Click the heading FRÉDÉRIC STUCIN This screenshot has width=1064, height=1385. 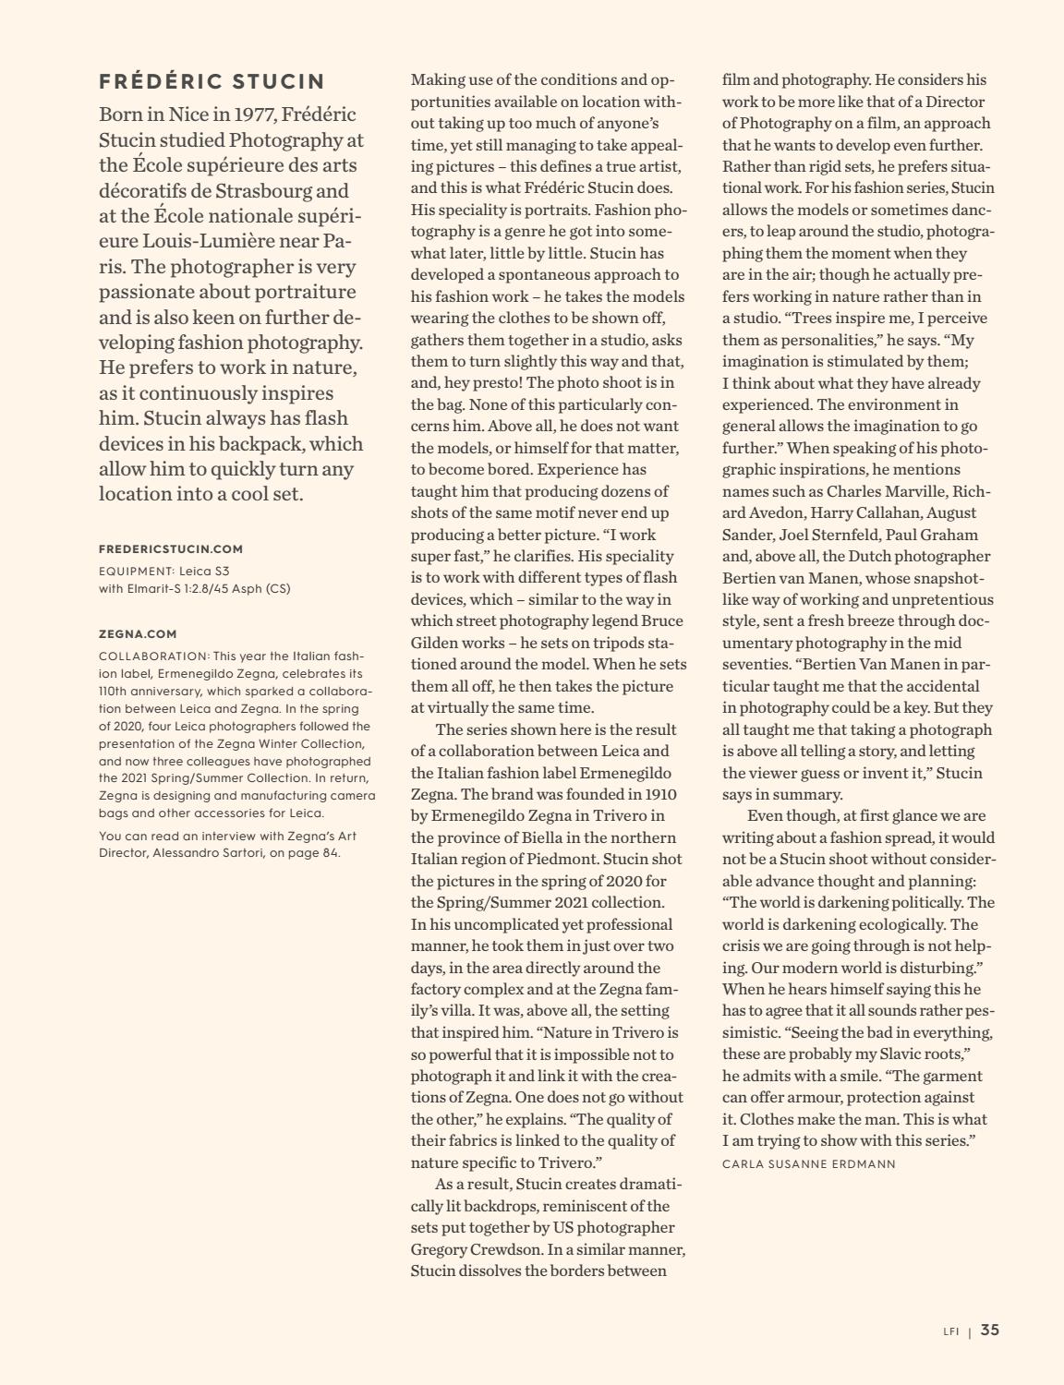[x=212, y=82]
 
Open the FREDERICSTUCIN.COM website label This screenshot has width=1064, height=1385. [x=171, y=548]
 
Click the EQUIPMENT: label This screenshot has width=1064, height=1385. [x=136, y=571]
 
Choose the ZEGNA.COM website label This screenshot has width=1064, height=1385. [x=138, y=634]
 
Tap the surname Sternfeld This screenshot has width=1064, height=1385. [x=844, y=535]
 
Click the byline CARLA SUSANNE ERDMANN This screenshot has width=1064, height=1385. [x=808, y=1163]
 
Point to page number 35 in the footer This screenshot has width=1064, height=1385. [x=989, y=1331]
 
